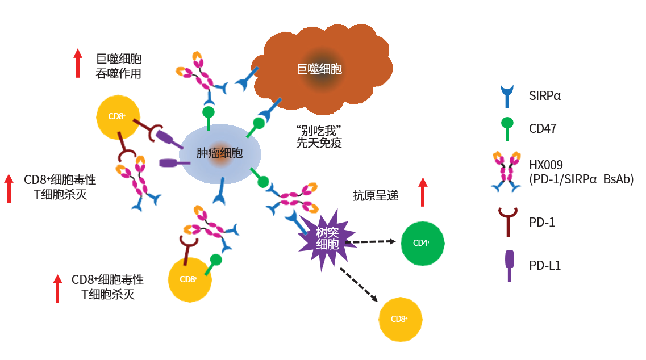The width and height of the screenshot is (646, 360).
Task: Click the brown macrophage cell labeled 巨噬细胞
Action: (320, 68)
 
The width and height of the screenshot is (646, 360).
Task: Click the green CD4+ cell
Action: (423, 243)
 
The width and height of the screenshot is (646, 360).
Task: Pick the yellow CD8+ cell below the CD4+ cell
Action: (400, 319)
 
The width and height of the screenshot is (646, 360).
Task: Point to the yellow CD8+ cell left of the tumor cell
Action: (118, 116)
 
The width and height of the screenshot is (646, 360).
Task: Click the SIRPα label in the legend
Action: (544, 95)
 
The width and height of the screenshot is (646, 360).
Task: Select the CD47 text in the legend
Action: (542, 129)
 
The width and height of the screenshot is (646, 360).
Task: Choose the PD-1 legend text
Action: (541, 222)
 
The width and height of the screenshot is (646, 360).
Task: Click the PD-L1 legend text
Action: (544, 265)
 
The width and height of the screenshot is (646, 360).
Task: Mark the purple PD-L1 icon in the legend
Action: (510, 265)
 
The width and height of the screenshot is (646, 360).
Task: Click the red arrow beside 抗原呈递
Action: (422, 192)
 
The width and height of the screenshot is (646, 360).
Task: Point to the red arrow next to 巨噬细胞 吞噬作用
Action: (78, 63)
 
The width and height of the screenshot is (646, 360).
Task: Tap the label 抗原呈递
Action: (376, 196)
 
